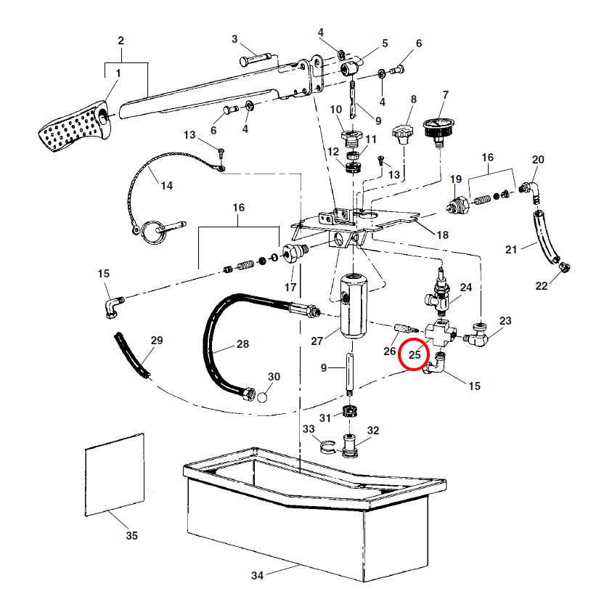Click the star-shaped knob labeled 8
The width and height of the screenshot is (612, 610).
(x=403, y=134)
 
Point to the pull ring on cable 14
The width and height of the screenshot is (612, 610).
(x=152, y=231)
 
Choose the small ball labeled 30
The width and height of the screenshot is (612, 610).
(x=263, y=396)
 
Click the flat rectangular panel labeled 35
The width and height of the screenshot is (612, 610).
(x=115, y=473)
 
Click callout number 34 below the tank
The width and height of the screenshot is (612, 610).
(x=257, y=576)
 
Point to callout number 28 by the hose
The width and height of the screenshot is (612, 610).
(x=242, y=344)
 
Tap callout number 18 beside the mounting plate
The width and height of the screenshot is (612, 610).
(x=441, y=235)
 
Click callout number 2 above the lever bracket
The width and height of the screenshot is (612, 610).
(x=121, y=40)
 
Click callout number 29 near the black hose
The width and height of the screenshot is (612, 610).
(x=157, y=340)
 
